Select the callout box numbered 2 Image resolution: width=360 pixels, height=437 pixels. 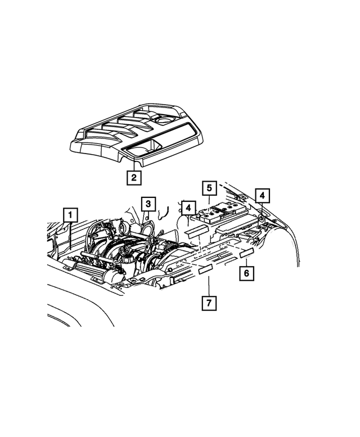pos(133,178)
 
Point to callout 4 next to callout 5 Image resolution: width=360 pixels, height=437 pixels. pos(188,208)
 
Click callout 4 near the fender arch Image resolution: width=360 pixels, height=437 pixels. pos(262,195)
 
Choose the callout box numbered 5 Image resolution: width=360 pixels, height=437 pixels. pos(208,188)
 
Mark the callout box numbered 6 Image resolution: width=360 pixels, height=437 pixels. pos(246,273)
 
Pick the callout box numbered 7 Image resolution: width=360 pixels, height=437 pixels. pos(208,304)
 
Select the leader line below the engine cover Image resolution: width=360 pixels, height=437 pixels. pos(133,164)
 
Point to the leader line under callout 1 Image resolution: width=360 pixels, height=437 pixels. pos(70,236)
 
